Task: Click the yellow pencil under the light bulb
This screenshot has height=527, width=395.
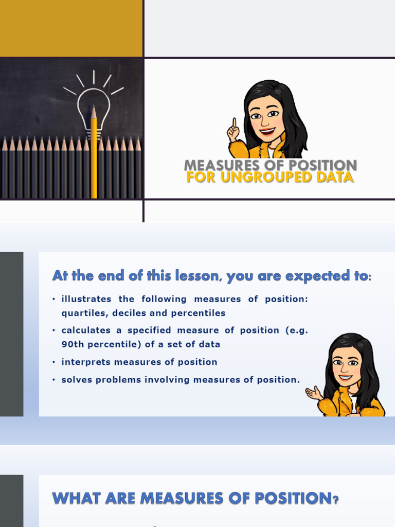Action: pos(94,154)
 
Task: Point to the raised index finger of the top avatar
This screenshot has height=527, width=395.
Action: pos(234,124)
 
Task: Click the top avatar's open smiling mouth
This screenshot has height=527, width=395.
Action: pos(267,131)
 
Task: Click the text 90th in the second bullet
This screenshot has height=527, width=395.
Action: pos(72,344)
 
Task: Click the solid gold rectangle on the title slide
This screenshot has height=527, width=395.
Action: pos(71,28)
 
